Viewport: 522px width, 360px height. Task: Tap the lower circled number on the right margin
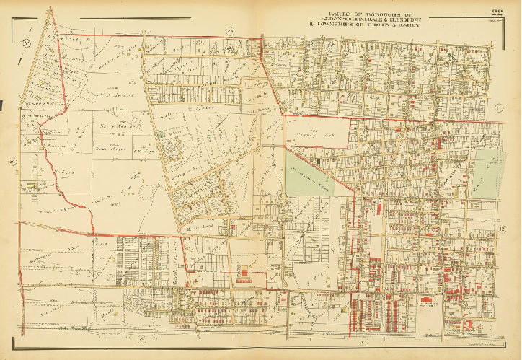(x=501, y=230)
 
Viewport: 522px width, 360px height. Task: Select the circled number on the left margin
(x=12, y=160)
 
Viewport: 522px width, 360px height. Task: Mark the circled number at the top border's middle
(x=231, y=30)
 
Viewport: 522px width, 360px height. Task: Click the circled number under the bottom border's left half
(x=141, y=339)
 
